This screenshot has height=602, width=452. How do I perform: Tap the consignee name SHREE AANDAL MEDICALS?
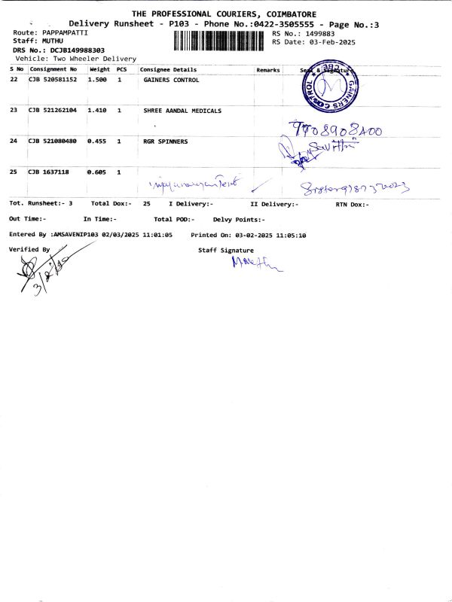[x=182, y=111]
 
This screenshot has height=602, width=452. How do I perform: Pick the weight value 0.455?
[x=97, y=141]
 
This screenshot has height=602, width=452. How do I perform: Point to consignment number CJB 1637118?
[x=48, y=172]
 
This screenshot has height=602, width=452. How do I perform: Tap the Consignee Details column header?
[x=168, y=70]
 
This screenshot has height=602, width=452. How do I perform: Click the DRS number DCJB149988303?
[x=78, y=50]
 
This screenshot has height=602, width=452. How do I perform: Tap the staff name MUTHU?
[x=53, y=41]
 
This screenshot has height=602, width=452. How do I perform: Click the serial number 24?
[x=14, y=141]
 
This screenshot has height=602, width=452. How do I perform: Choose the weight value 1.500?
[x=97, y=80]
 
